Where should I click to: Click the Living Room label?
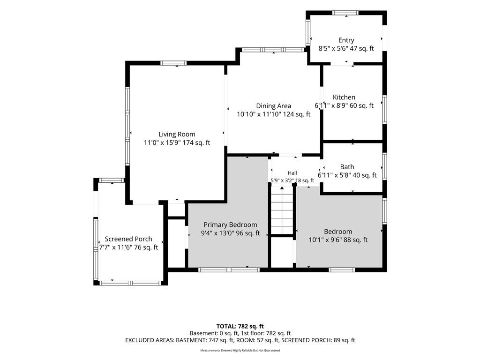pos(177,134)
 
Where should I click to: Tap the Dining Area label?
pos(273,106)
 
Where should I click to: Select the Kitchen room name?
pos(344,97)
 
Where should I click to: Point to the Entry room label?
pos(346,40)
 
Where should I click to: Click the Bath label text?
pos(347,167)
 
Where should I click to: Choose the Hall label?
pos(292,173)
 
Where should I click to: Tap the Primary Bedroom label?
pos(230,225)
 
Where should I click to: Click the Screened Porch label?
pos(128,239)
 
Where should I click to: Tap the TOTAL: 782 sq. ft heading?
pos(240,326)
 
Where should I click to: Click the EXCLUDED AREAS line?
pos(240,340)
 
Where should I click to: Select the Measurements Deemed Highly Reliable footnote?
pos(240,350)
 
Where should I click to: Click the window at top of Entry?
pos(345,13)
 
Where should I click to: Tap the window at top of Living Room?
pos(173,63)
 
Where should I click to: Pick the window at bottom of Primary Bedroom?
pos(229,270)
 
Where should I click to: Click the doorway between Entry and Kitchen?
pos(342,64)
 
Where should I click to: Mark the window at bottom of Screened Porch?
pos(130,283)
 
